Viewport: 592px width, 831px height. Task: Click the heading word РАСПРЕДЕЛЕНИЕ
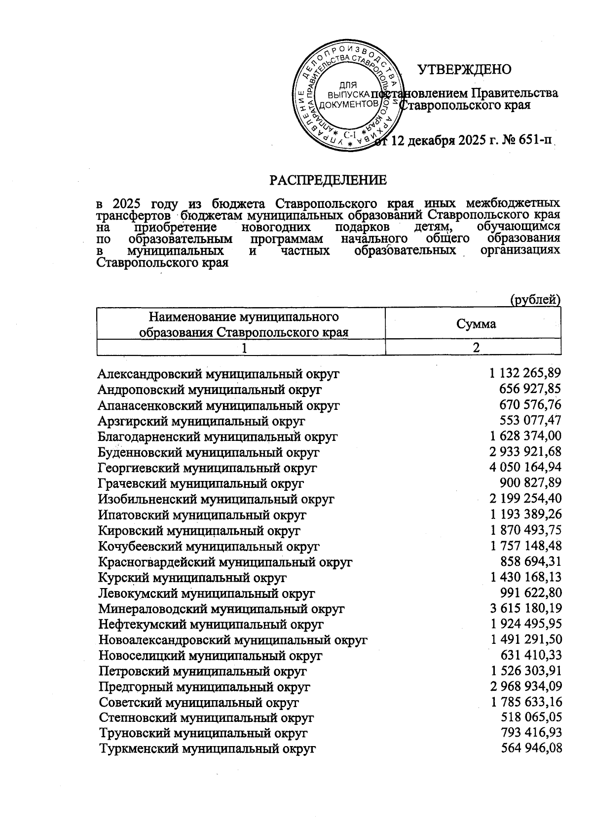(328, 180)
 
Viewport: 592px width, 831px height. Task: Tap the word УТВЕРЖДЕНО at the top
(465, 70)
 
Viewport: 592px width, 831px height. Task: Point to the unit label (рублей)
(535, 300)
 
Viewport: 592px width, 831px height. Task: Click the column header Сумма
(476, 324)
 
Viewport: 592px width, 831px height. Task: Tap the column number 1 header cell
(241, 348)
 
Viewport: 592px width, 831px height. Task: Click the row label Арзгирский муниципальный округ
(201, 421)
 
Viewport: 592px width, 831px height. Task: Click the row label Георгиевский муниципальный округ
(207, 468)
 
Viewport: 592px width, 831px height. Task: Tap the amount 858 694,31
(531, 561)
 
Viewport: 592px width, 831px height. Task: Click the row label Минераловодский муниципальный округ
(222, 609)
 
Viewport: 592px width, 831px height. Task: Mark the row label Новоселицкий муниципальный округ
(211, 656)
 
